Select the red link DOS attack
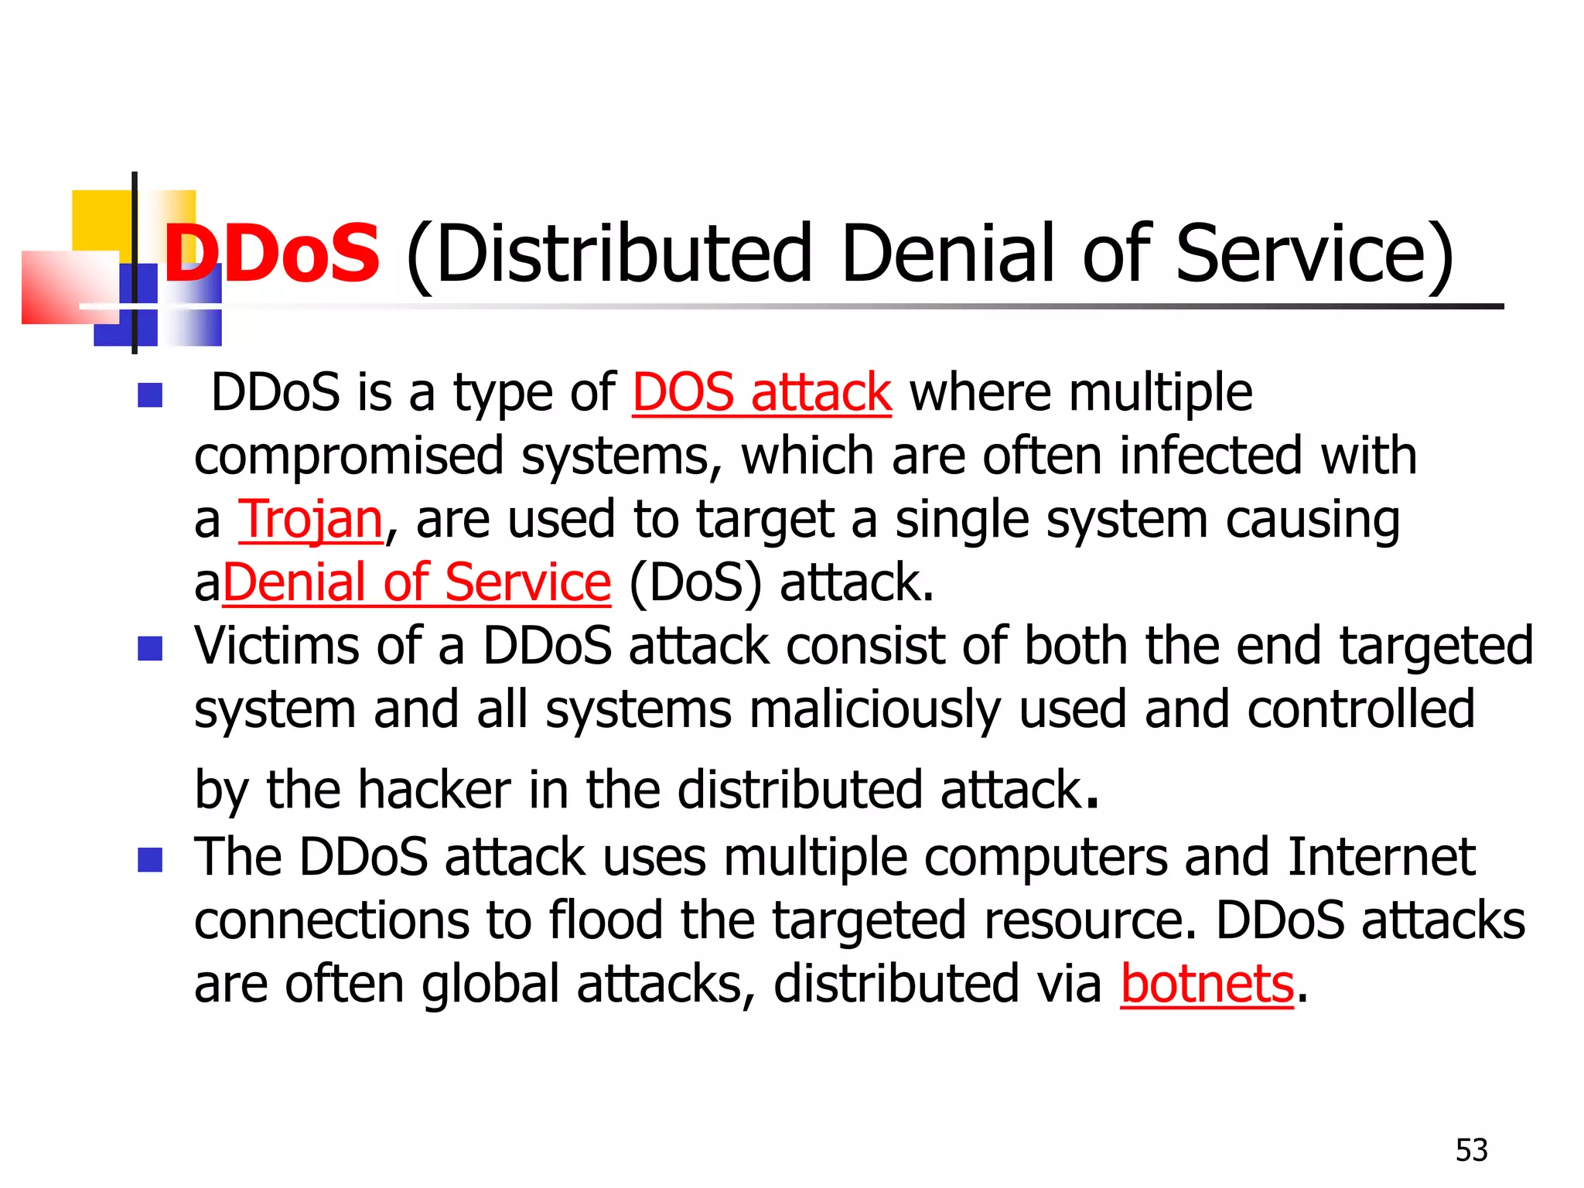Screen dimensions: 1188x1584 click(762, 392)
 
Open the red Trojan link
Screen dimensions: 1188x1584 click(310, 519)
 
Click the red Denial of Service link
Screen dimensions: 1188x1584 click(417, 582)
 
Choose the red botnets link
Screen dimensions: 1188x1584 click(1207, 984)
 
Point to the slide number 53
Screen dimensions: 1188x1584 click(1471, 1150)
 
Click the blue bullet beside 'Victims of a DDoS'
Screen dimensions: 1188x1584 click(150, 648)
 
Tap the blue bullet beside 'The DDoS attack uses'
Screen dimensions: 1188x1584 click(150, 859)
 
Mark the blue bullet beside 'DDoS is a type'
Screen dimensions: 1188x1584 click(150, 395)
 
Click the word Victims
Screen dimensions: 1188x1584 click(276, 645)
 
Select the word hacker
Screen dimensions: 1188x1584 click(435, 790)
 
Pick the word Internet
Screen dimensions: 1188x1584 click(1381, 857)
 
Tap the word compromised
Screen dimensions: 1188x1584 click(349, 456)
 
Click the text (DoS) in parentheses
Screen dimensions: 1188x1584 click(695, 582)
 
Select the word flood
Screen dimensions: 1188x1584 click(606, 920)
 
